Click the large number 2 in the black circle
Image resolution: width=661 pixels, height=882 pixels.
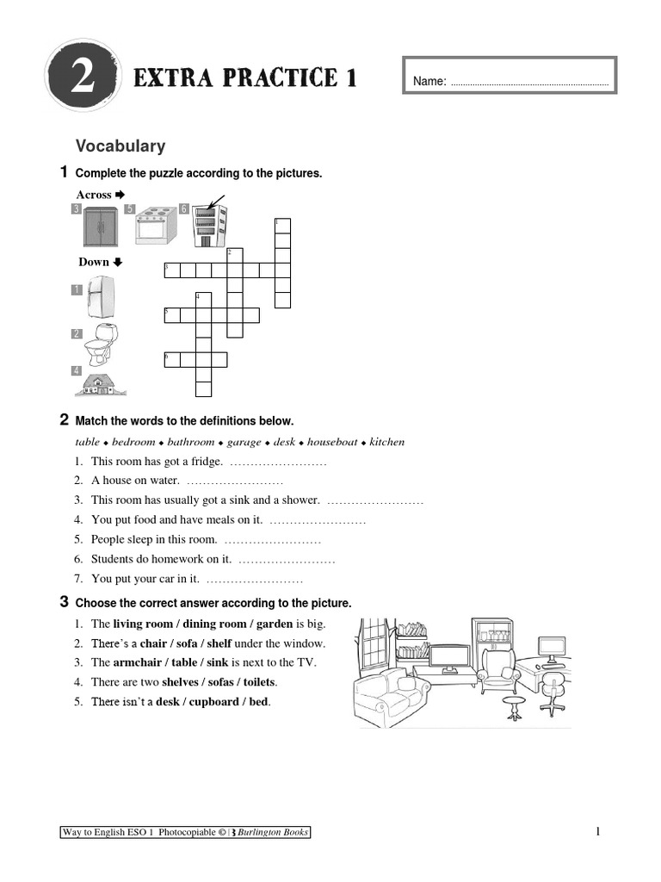point(83,79)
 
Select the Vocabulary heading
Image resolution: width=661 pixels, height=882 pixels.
point(120,146)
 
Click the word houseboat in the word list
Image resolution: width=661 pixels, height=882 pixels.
point(331,442)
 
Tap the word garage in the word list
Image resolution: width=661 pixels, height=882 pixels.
point(244,442)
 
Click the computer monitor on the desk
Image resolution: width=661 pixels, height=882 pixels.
point(552,646)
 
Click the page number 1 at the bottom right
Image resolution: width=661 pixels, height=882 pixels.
point(597,831)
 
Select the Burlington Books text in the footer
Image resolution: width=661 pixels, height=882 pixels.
point(273,832)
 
